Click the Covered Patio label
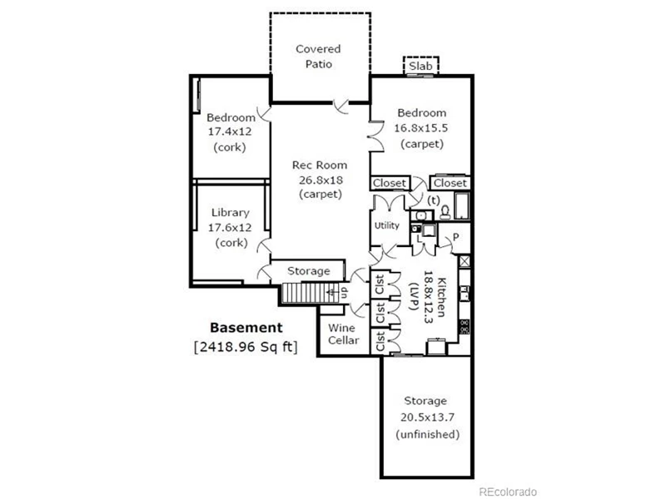coord(318,57)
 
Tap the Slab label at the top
coord(420,67)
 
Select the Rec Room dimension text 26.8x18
coord(321,180)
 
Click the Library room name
coord(231,213)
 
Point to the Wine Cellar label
coord(343,334)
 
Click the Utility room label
coord(386,225)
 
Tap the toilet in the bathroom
coord(445,212)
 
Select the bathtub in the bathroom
coord(462,206)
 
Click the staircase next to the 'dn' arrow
coord(305,293)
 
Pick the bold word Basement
coord(246,328)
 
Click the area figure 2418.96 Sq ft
coord(246,347)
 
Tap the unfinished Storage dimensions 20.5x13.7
coord(427,417)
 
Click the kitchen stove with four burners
coord(465,326)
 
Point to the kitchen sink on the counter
coord(465,293)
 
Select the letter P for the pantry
coord(455,237)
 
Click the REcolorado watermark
coord(508,492)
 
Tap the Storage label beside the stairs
coord(309,271)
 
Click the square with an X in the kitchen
coord(465,261)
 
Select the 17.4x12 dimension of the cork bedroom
coord(230,131)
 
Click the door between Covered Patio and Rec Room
coord(340,106)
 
